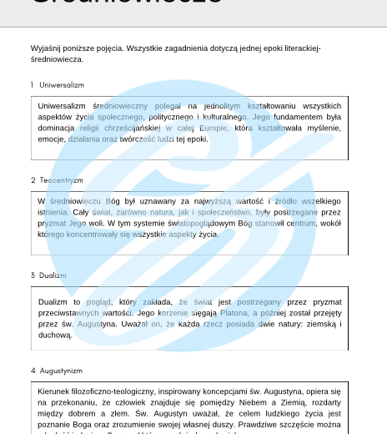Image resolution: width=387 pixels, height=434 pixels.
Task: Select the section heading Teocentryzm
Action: (x=61, y=180)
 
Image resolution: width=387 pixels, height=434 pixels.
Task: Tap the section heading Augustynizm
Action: (x=61, y=370)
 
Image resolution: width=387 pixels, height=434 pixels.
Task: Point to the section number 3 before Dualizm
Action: (x=33, y=275)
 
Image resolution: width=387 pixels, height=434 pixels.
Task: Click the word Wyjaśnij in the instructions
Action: (x=46, y=48)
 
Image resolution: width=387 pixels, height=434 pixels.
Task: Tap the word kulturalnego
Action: (x=220, y=118)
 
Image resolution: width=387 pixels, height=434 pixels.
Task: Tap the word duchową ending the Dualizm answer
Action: (x=55, y=335)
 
